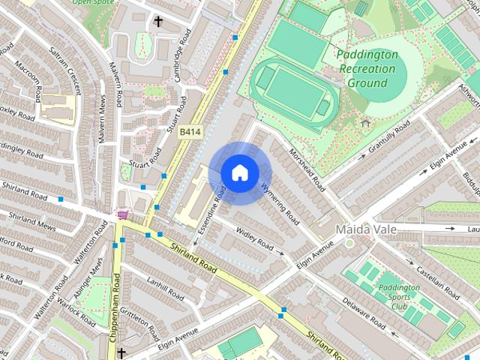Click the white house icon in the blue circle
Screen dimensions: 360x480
[x=239, y=172]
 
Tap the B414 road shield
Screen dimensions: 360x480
[x=189, y=132]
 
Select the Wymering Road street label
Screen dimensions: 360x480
[x=280, y=203]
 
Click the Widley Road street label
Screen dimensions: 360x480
[x=256, y=238]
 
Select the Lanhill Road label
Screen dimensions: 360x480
[x=166, y=288]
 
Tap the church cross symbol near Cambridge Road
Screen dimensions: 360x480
[x=158, y=22]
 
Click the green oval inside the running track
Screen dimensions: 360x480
[x=290, y=89]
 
